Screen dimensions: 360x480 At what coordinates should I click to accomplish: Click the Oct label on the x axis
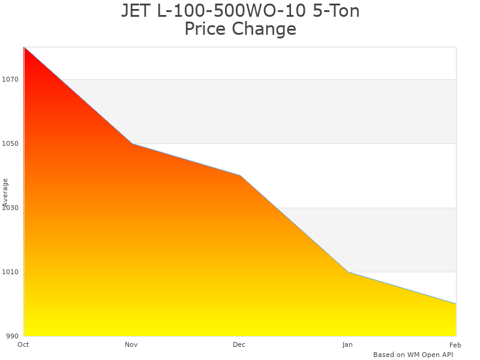tap(23, 344)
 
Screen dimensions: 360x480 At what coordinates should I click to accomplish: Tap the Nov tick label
tap(131, 344)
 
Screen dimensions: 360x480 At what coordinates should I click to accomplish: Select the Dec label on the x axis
tap(239, 344)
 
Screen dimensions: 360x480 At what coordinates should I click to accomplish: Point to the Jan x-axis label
tap(347, 344)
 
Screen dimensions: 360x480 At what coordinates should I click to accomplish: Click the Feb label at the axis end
tap(455, 344)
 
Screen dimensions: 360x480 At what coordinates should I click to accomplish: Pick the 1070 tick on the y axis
tap(11, 79)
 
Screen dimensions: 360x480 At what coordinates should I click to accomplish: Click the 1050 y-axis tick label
tap(11, 143)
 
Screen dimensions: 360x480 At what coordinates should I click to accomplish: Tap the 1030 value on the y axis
tap(11, 208)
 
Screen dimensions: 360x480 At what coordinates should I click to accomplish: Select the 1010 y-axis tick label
tap(11, 272)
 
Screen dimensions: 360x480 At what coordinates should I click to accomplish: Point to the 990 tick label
tap(13, 336)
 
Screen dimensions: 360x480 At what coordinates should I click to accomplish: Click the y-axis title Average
tap(5, 192)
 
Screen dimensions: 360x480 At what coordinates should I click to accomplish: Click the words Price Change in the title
tap(240, 29)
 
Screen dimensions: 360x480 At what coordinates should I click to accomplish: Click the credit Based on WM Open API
tap(413, 355)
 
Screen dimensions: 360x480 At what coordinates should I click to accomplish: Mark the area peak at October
tap(25, 47)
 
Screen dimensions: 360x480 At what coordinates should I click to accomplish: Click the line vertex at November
tap(132, 143)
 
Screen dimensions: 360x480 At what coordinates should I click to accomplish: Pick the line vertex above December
tap(240, 175)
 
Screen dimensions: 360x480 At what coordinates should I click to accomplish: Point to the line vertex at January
tap(348, 272)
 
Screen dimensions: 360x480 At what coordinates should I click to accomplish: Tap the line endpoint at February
tap(455, 304)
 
